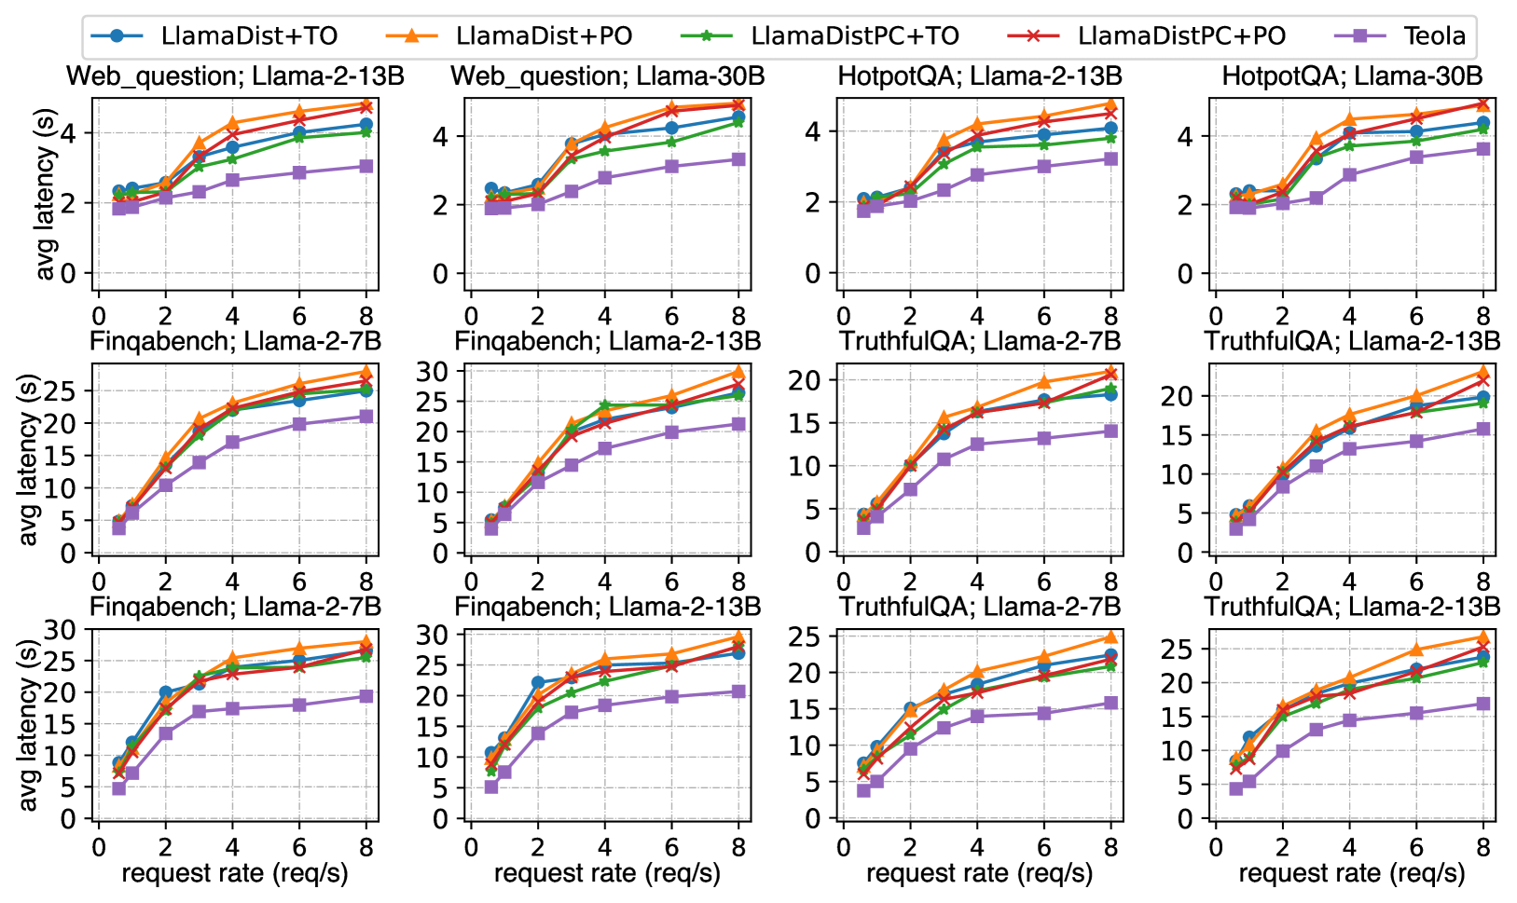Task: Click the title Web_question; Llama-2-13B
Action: [235, 76]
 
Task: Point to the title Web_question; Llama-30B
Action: [608, 76]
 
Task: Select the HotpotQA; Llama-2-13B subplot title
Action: [980, 76]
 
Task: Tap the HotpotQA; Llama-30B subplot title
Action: [1352, 76]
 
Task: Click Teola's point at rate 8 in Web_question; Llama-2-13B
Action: [366, 166]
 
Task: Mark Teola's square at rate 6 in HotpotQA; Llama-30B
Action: [1416, 157]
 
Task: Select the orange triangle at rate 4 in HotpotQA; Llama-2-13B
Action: [977, 124]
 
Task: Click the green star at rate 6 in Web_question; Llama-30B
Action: [671, 142]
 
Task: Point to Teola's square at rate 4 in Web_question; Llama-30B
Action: [605, 177]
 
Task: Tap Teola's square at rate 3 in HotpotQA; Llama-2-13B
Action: [944, 190]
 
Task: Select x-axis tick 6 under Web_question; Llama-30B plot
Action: [671, 315]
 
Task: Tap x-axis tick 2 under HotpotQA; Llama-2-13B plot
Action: [910, 315]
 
